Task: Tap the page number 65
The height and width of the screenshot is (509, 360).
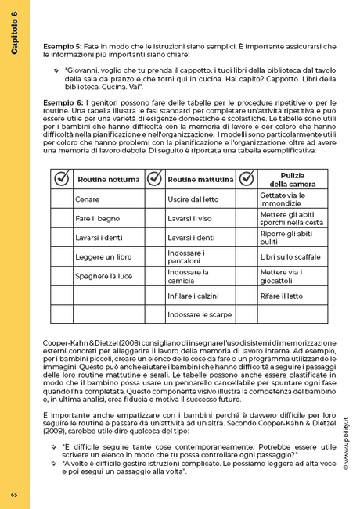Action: (15, 493)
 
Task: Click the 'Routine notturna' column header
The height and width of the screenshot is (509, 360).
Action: (108, 180)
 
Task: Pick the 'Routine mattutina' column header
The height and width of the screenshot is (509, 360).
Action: (200, 180)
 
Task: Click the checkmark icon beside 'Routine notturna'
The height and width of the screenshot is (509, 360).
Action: (61, 179)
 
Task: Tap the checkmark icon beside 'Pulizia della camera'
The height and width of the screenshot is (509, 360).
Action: (246, 179)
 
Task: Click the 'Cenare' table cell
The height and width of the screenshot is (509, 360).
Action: (87, 199)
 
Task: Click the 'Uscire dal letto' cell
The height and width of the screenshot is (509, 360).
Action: (193, 199)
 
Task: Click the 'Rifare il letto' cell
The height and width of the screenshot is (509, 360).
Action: (281, 296)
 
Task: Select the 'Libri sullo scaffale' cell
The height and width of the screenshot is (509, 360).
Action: (290, 256)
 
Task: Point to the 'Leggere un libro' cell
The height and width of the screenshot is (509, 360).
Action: (102, 256)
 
